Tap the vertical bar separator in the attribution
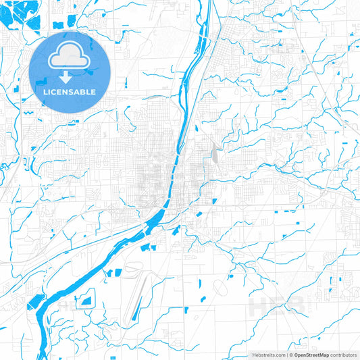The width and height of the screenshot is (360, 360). point(286,355)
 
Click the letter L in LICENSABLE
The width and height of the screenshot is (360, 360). point(45,92)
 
